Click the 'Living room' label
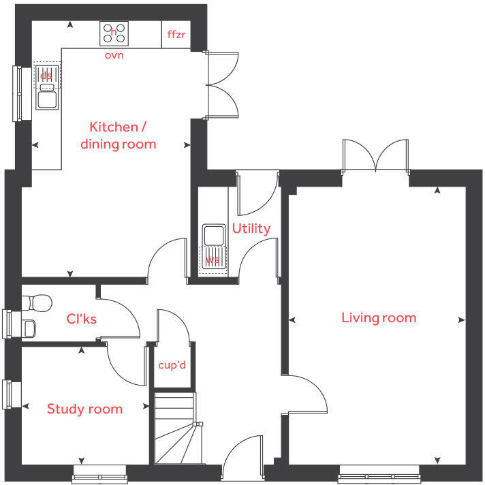point(378,317)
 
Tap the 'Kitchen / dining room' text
point(118,135)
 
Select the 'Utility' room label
point(251,228)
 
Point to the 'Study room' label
point(84,409)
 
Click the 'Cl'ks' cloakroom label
point(80,318)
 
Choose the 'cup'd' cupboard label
point(172,366)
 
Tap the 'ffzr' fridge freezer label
point(176,33)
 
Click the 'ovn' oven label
point(114,55)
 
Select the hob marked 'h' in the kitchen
point(114,33)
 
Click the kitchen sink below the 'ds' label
point(46,99)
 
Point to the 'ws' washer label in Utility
point(213,260)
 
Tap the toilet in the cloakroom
point(35,302)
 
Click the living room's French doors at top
point(375,156)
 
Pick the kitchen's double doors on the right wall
point(221,85)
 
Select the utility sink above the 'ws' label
point(213,236)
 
